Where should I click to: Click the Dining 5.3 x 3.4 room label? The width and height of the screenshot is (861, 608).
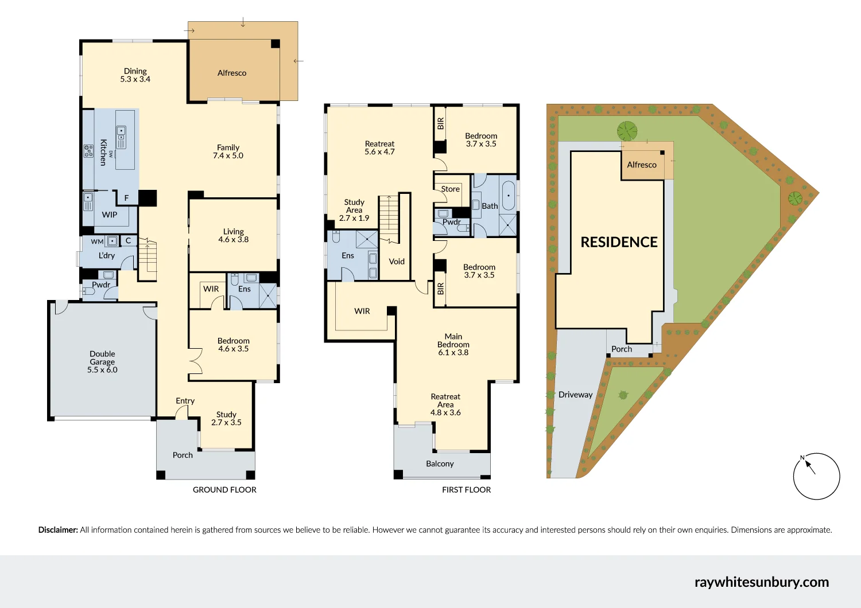[x=135, y=75]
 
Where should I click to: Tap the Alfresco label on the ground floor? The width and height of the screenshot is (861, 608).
[x=232, y=73]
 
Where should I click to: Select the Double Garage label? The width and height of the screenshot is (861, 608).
[x=102, y=362]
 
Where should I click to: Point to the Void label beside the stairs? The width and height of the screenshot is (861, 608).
[x=397, y=262]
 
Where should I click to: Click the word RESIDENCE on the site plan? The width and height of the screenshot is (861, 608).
[x=619, y=242]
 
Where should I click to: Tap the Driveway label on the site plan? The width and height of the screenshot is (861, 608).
[x=575, y=395]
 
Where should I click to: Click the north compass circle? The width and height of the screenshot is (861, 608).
[x=816, y=476]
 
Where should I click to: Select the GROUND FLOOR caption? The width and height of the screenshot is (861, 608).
[x=224, y=490]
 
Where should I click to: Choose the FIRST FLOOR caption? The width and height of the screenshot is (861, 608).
[x=466, y=490]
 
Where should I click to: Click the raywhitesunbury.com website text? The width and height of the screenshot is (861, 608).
[x=761, y=582]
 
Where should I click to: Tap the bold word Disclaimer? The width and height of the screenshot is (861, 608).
[x=58, y=530]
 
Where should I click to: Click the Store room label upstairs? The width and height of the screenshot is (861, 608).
[x=450, y=189]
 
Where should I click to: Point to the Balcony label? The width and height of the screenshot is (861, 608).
[x=440, y=463]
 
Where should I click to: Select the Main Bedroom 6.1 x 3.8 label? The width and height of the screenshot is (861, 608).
[x=453, y=345]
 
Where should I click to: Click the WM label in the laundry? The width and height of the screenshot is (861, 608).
[x=97, y=242]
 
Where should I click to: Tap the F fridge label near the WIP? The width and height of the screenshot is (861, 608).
[x=127, y=198]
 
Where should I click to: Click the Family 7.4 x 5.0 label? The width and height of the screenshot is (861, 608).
[x=228, y=151]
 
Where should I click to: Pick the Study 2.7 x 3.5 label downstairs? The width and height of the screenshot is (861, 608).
[x=226, y=418]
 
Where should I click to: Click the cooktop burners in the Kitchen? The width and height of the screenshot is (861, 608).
[x=88, y=151]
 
